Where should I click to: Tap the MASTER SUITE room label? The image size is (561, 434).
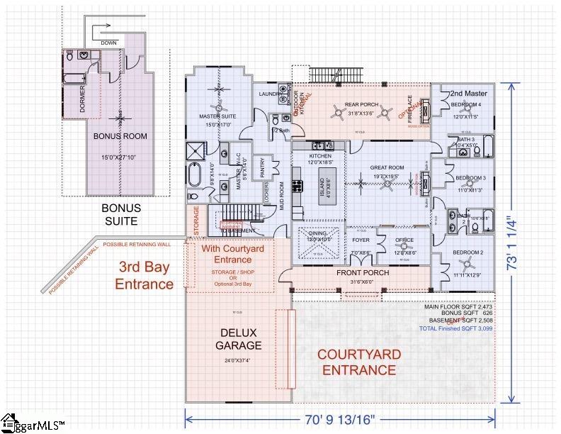[217, 116]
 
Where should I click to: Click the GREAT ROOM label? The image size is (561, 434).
[387, 168]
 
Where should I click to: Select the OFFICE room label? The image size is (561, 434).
[404, 240]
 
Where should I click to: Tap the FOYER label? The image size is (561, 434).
[361, 240]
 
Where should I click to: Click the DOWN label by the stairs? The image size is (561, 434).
[109, 43]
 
